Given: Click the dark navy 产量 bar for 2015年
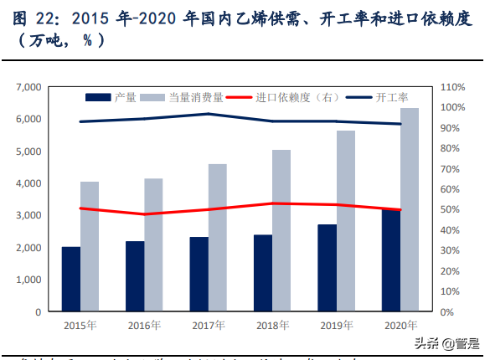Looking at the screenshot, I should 71,279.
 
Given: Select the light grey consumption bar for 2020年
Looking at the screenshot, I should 410,209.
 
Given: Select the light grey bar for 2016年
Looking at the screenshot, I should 153,244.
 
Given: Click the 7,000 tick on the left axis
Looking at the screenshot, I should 28,87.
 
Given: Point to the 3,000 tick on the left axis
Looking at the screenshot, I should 28,215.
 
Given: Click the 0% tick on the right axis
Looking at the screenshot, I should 451,311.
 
